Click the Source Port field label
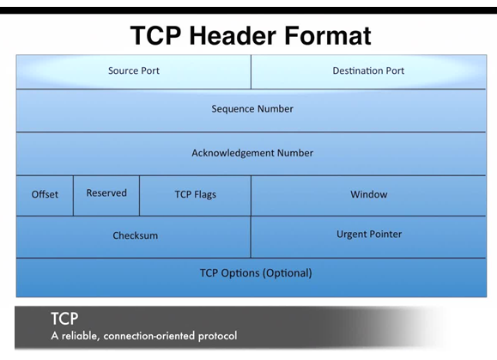(134, 70)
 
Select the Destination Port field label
(368, 70)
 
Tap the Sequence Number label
(252, 109)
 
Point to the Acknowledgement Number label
(252, 153)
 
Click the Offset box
(45, 196)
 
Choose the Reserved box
(106, 196)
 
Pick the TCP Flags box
(195, 196)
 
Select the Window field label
(369, 194)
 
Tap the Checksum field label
(136, 235)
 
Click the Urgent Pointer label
(369, 235)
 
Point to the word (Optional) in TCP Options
(288, 273)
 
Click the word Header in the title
(233, 35)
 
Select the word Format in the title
(328, 35)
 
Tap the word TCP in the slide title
(155, 35)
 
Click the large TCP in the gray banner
(64, 319)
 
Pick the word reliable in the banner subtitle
(81, 336)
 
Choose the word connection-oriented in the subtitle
(149, 336)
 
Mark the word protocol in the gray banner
(217, 336)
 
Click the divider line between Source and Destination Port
(251, 72)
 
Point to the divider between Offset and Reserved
(73, 196)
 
